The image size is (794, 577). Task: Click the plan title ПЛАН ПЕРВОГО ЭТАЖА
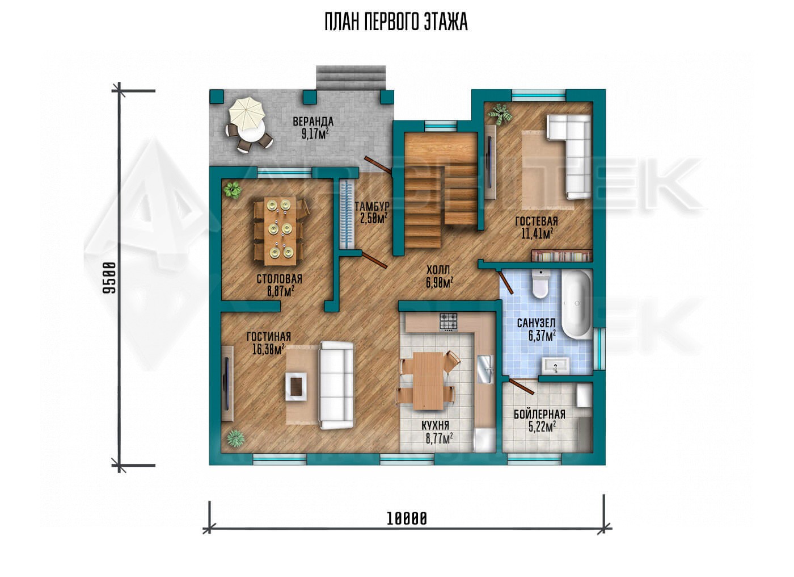pyautogui.click(x=396, y=22)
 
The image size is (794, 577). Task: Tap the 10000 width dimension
pyautogui.click(x=407, y=519)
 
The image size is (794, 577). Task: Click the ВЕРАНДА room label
pyautogui.click(x=313, y=122)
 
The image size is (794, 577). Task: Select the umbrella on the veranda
pyautogui.click(x=247, y=114)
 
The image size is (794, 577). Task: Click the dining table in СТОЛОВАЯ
pyautogui.click(x=280, y=231)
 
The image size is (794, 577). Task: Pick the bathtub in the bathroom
pyautogui.click(x=577, y=304)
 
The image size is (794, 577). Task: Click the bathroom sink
pyautogui.click(x=555, y=366)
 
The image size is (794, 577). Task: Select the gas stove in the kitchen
pyautogui.click(x=449, y=322)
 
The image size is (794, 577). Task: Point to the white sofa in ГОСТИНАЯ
pyautogui.click(x=336, y=386)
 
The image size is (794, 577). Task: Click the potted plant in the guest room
pyautogui.click(x=500, y=114)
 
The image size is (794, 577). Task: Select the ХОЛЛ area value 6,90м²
pyautogui.click(x=440, y=283)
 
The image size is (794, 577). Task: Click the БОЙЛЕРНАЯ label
pyautogui.click(x=539, y=414)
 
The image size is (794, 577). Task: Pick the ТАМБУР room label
pyautogui.click(x=372, y=206)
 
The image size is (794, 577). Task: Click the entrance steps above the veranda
pyautogui.click(x=350, y=77)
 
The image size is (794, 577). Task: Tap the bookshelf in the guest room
pyautogui.click(x=562, y=255)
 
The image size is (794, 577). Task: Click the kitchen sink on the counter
pyautogui.click(x=484, y=369)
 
